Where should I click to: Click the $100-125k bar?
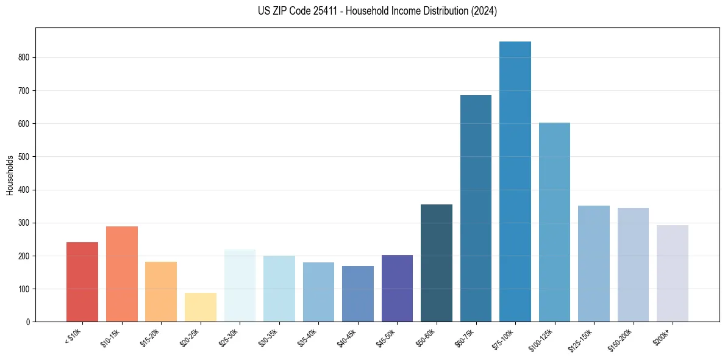pyautogui.click(x=554, y=222)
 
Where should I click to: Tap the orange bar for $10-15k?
pyautogui.click(x=122, y=274)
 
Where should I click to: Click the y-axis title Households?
pyautogui.click(x=10, y=175)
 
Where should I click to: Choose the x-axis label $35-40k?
pyautogui.click(x=308, y=338)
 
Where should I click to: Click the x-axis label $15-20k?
pyautogui.click(x=151, y=338)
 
